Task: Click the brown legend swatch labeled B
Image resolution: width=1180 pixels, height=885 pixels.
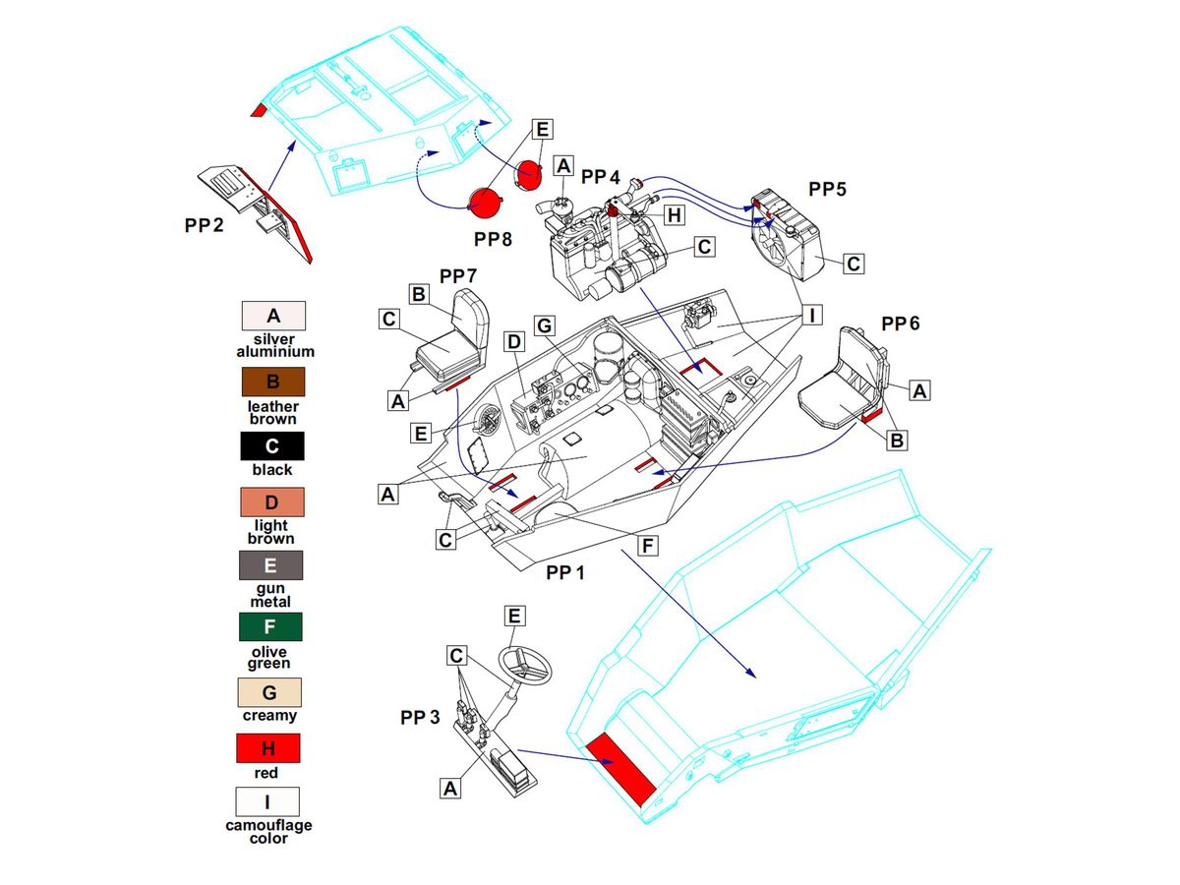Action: [x=274, y=382]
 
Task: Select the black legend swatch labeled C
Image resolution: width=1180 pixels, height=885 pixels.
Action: [x=272, y=445]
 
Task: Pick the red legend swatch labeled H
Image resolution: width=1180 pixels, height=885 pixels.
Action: [x=268, y=748]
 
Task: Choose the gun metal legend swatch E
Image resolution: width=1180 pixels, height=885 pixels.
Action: [x=270, y=565]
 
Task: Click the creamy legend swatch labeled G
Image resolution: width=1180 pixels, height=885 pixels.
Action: [x=269, y=692]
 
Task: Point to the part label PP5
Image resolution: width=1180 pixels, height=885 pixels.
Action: [x=827, y=187]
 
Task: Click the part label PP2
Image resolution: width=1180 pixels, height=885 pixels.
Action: [x=204, y=225]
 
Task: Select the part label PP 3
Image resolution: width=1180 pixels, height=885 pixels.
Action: [x=420, y=717]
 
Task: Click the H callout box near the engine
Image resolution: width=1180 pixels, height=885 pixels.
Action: [x=675, y=214]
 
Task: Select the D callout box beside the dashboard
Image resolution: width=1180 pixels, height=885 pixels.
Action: [x=513, y=342]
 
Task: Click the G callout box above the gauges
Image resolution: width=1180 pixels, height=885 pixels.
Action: [x=546, y=324]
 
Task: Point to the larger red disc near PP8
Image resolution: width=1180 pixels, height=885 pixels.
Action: [x=486, y=202]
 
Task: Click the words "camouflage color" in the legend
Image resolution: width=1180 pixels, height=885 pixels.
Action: [x=268, y=832]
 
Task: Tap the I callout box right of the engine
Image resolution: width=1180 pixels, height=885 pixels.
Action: [x=811, y=317]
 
